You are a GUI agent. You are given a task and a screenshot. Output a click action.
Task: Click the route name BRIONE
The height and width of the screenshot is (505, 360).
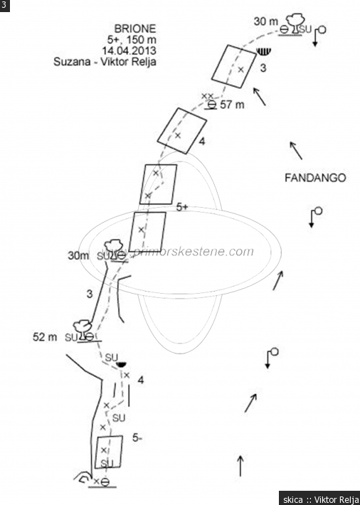pyautogui.click(x=135, y=28)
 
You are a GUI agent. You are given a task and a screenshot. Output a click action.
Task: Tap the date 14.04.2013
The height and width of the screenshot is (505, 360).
pyautogui.click(x=129, y=51)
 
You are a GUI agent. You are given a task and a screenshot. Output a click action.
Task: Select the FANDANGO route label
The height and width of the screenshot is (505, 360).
pyautogui.click(x=315, y=177)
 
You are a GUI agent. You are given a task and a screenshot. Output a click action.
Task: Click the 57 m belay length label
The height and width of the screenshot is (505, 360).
pyautogui.click(x=232, y=105)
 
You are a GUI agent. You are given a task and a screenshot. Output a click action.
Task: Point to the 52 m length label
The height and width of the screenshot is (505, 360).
pyautogui.click(x=45, y=337)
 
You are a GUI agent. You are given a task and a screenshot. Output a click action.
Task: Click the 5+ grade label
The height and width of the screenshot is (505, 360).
pyautogui.click(x=182, y=208)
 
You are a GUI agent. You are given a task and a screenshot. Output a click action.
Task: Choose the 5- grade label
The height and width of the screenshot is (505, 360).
pyautogui.click(x=137, y=437)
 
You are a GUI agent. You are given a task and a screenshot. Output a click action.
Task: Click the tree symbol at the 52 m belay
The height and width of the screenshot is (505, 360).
pyautogui.click(x=83, y=329)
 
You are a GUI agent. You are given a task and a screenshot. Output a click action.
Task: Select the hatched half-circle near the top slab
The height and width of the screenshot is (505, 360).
pyautogui.click(x=264, y=52)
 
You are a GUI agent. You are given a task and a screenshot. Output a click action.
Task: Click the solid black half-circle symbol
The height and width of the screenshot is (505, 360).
pyautogui.click(x=121, y=365)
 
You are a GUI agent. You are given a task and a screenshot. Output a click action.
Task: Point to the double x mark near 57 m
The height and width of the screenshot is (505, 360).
pyautogui.click(x=207, y=96)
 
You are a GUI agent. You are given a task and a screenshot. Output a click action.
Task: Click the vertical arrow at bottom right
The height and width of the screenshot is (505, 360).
pyautogui.click(x=240, y=466)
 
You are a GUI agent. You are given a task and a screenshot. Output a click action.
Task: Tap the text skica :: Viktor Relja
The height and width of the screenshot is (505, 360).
pyautogui.click(x=319, y=499)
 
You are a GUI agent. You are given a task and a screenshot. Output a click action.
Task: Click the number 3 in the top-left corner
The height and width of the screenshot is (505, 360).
pyautogui.click(x=4, y=5)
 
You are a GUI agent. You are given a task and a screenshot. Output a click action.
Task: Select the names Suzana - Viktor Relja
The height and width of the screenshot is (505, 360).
pyautogui.click(x=105, y=61)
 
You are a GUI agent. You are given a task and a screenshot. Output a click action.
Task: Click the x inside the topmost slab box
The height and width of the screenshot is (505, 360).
pyautogui.click(x=240, y=69)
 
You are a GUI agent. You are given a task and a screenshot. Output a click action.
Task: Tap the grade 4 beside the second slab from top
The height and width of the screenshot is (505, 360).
pyautogui.click(x=202, y=141)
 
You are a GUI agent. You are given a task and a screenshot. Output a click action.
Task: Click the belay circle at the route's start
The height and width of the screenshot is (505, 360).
pyautogui.click(x=105, y=482)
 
